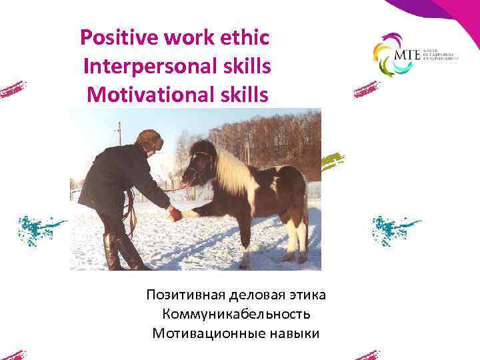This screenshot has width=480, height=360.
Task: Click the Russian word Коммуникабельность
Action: pyautogui.click(x=236, y=313)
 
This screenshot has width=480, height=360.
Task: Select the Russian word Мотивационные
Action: pyautogui.click(x=201, y=332)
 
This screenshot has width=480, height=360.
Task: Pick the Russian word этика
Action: pyautogui.click(x=306, y=295)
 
